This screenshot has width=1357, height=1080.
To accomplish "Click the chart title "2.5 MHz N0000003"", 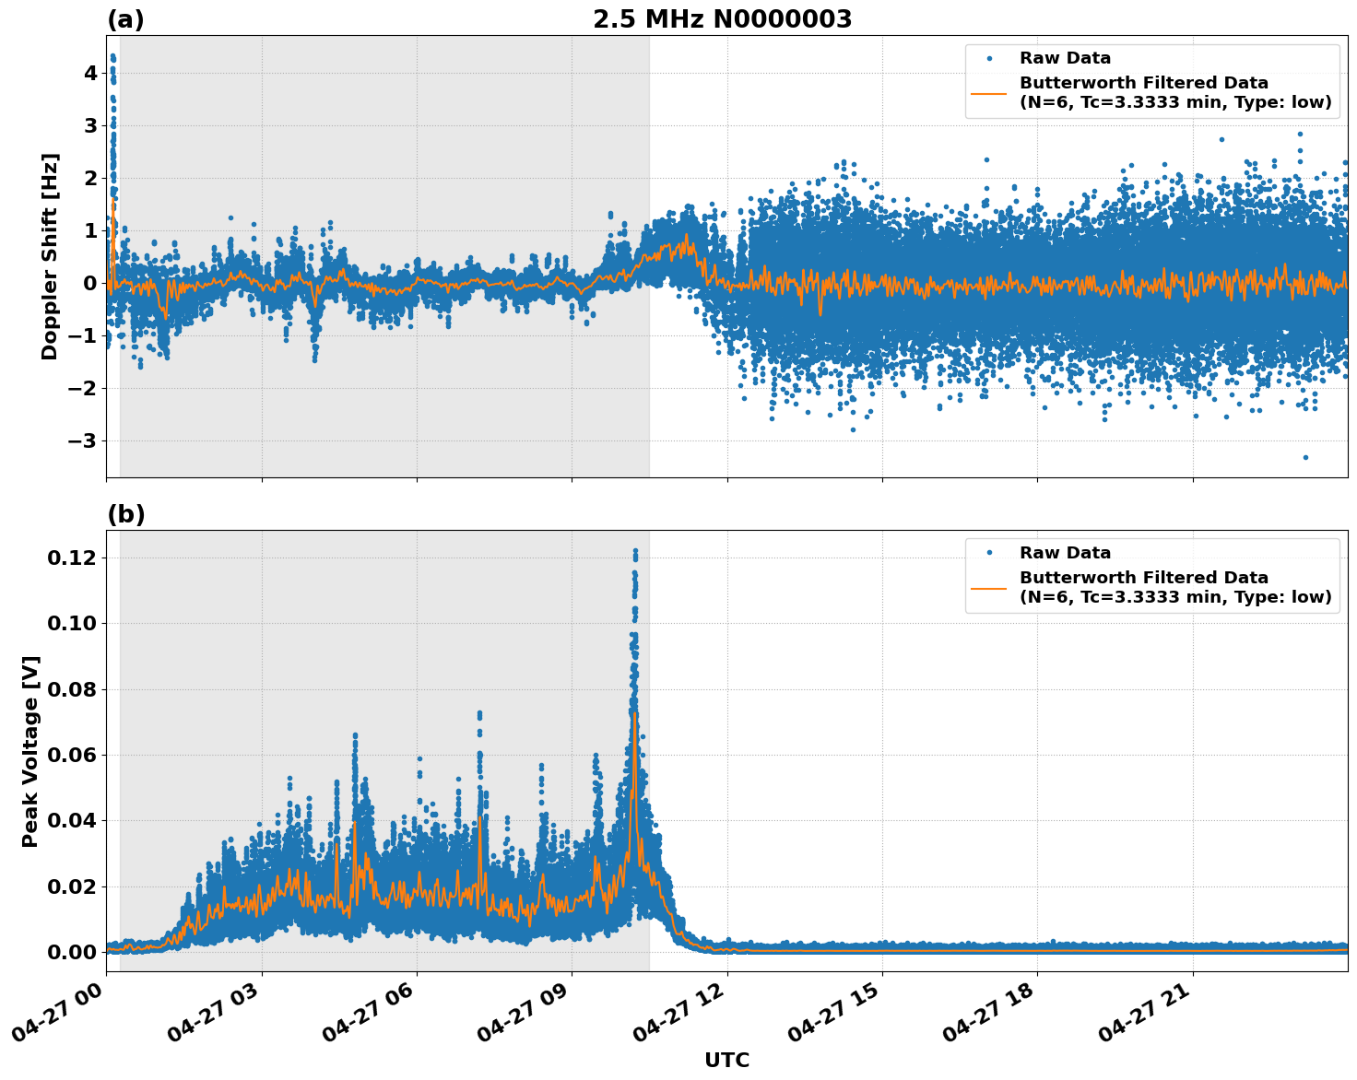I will pyautogui.click(x=722, y=19).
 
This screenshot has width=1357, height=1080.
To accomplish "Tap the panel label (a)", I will pyautogui.click(x=125, y=19).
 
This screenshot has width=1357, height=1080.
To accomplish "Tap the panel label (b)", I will pyautogui.click(x=125, y=514).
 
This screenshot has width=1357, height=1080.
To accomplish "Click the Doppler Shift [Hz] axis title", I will pyautogui.click(x=50, y=256).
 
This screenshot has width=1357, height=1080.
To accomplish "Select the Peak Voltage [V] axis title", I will pyautogui.click(x=30, y=751).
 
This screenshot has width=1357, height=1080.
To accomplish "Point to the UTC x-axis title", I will pyautogui.click(x=726, y=1060).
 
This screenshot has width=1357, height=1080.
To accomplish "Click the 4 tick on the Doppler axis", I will pyautogui.click(x=89, y=73).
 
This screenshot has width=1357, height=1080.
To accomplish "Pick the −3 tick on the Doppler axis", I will pyautogui.click(x=82, y=440).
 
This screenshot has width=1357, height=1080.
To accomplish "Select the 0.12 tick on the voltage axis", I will pyautogui.click(x=71, y=558).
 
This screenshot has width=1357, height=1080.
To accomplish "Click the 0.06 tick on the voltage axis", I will pyautogui.click(x=71, y=755).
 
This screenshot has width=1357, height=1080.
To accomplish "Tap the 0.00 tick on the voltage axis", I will pyautogui.click(x=71, y=952).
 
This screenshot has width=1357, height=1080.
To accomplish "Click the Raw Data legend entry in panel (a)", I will pyautogui.click(x=1065, y=58).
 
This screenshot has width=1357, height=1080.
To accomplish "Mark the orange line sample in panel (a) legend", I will pyautogui.click(x=989, y=92).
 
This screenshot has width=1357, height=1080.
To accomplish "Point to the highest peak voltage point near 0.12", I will pyautogui.click(x=635, y=551).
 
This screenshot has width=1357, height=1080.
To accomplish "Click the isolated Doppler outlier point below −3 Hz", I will pyautogui.click(x=1305, y=457).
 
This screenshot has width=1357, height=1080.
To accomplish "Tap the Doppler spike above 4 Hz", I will pyautogui.click(x=112, y=57).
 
